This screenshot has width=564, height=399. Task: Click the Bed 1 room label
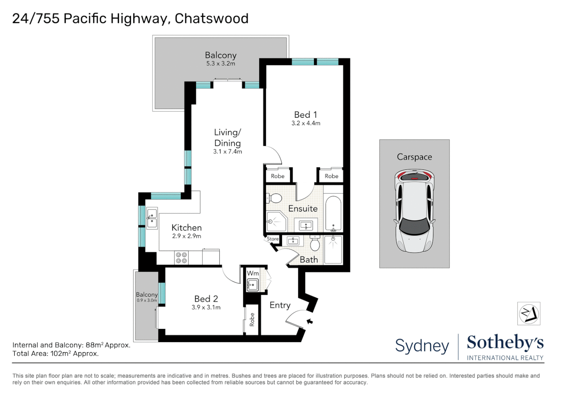point(305,115)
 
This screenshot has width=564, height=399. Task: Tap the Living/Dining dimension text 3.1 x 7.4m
point(227,151)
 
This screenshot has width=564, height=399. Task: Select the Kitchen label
point(186,228)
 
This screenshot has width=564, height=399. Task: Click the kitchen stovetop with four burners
point(181,258)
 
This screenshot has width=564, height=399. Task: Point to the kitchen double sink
point(152,218)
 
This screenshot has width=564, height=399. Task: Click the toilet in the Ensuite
point(274,198)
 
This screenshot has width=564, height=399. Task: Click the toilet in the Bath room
point(315,244)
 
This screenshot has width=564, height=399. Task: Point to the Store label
point(273,239)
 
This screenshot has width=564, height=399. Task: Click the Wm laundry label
point(252,273)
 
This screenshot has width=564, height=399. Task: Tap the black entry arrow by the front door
point(309,321)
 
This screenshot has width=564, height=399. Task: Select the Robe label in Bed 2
point(252,319)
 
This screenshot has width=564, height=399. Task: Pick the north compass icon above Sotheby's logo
point(529,314)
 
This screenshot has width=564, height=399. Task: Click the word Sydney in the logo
point(422,346)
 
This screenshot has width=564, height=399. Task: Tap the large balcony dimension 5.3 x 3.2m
point(220,64)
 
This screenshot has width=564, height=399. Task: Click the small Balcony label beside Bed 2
point(147,294)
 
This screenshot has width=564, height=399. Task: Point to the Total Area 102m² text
point(55,354)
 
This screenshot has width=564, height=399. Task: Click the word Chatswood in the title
point(211,18)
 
